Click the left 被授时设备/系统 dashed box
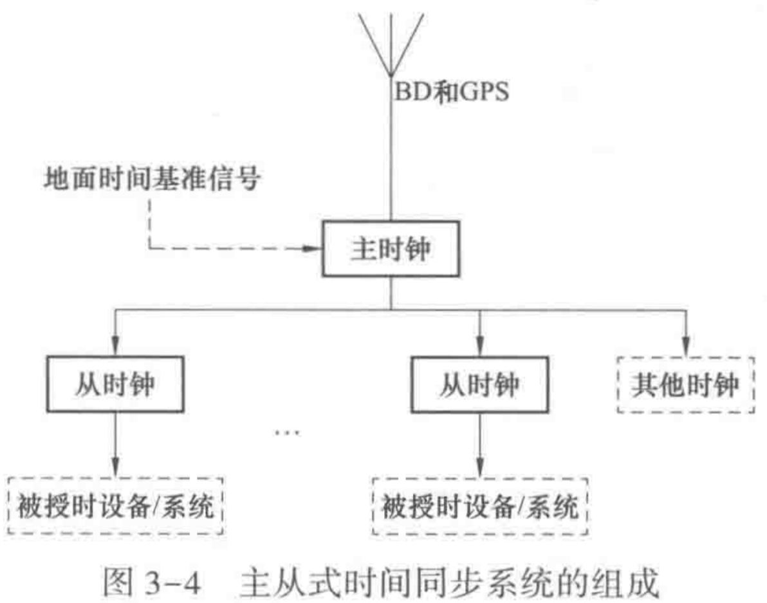pyautogui.click(x=115, y=505)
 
